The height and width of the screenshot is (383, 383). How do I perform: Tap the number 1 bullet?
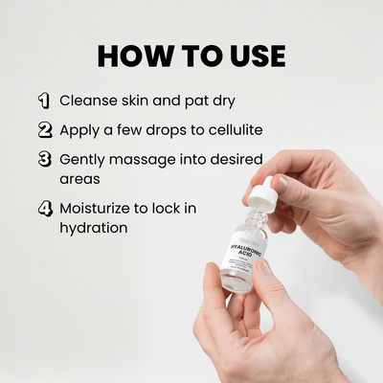tap(44, 100)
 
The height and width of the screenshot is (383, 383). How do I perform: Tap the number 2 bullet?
tap(45, 129)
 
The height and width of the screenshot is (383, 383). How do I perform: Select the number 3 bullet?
tap(45, 159)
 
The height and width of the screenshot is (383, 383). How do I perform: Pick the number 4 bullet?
tap(45, 207)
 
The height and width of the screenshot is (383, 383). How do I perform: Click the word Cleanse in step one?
tap(89, 100)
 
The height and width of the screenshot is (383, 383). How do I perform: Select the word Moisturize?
tap(100, 207)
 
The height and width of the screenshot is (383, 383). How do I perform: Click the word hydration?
tap(95, 229)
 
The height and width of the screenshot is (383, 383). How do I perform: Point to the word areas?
tap(80, 179)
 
